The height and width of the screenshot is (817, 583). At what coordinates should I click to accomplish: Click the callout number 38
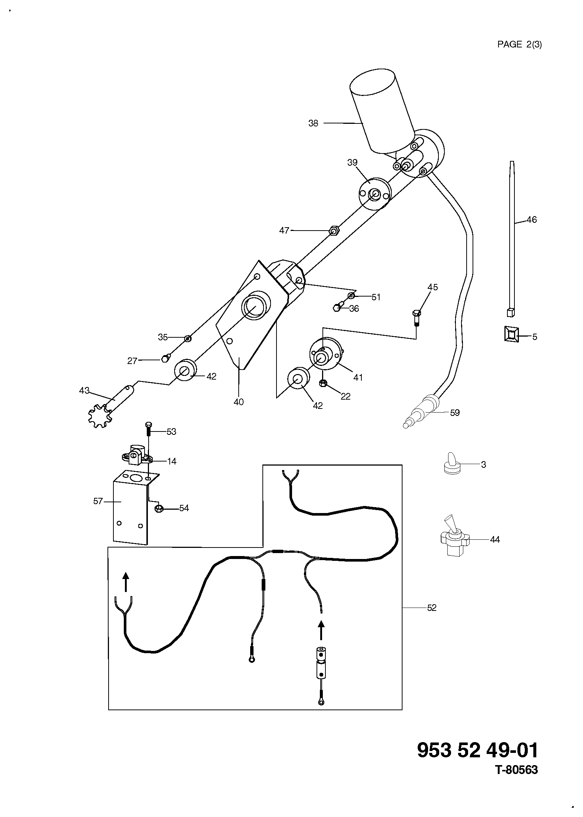pyautogui.click(x=313, y=123)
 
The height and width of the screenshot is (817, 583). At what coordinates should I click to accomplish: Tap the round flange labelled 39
pyautogui.click(x=375, y=193)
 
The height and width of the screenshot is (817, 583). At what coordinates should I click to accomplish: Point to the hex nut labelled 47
pyautogui.click(x=334, y=231)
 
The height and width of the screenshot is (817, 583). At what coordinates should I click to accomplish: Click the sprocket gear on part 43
pyautogui.click(x=99, y=417)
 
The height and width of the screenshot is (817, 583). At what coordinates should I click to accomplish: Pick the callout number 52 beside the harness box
pyautogui.click(x=432, y=608)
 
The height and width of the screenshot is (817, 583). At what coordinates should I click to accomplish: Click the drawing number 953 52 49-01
pyautogui.click(x=477, y=751)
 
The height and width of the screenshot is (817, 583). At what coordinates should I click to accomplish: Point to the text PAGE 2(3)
pyautogui.click(x=519, y=44)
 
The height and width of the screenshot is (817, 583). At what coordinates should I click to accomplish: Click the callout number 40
pyautogui.click(x=239, y=402)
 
